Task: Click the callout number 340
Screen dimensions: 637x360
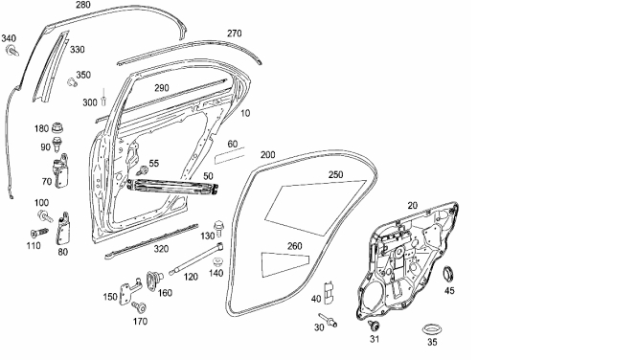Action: (9, 38)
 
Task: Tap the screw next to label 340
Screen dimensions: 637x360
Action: (12, 51)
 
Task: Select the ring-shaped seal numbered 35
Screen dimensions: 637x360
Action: (432, 328)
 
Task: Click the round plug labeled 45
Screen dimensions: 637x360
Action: (448, 273)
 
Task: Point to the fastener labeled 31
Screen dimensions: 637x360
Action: (374, 326)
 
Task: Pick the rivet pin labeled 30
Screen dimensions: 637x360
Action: (328, 320)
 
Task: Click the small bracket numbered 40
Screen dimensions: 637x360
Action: (329, 292)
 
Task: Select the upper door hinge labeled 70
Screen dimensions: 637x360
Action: (61, 172)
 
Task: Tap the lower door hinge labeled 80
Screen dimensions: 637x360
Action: (63, 229)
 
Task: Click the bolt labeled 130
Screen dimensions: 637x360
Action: (218, 229)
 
